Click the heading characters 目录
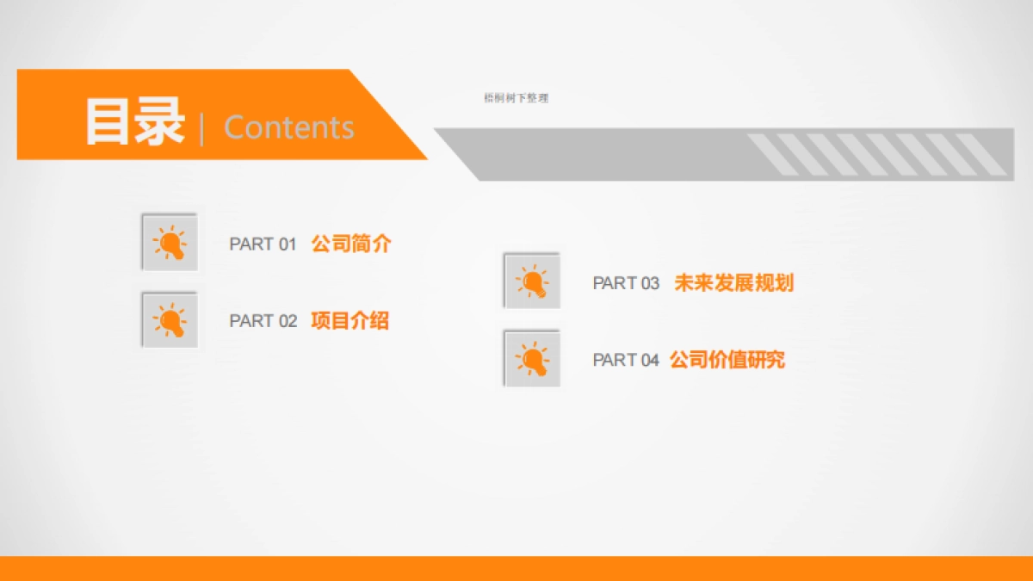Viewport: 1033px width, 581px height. point(134,122)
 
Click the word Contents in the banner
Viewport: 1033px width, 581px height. point(288,127)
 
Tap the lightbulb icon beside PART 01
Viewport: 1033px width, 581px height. point(170,243)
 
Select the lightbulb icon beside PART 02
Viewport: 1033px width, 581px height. point(170,320)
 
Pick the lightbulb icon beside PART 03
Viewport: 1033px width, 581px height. point(532,281)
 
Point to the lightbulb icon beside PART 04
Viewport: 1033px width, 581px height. point(532,358)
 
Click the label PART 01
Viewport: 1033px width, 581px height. point(263,244)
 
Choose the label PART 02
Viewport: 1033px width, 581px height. point(263,321)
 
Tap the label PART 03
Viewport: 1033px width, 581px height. point(626,283)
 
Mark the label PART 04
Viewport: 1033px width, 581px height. point(626,360)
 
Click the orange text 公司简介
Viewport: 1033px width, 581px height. point(351,244)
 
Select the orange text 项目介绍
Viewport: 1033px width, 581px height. point(349,321)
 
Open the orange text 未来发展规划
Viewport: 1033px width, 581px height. point(733,282)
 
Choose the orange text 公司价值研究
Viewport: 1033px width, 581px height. point(727,359)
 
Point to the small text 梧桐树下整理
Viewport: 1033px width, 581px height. point(516,98)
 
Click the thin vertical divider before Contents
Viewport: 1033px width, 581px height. point(202,128)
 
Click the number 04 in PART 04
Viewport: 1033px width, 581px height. point(649,360)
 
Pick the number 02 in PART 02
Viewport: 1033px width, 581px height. point(287,321)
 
